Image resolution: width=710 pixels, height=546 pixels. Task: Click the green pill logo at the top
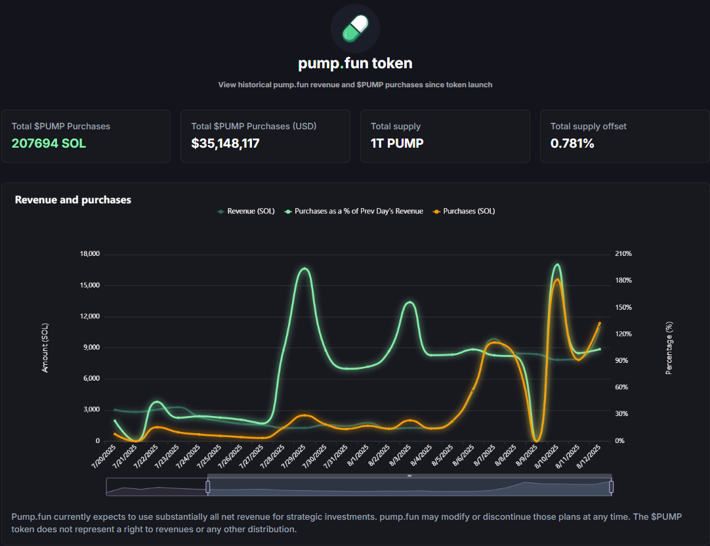coord(355,28)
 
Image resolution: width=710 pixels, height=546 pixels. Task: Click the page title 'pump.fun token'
coord(355,64)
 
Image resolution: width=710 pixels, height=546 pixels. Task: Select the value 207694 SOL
coord(49,143)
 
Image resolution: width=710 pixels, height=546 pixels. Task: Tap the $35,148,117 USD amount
coord(225,143)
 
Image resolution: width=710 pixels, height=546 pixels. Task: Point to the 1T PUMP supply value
coord(397,143)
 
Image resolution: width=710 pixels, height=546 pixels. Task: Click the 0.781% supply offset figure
coord(572,143)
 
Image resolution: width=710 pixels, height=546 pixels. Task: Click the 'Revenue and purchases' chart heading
coord(73,199)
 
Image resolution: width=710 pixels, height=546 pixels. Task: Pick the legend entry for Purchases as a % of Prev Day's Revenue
coord(358,211)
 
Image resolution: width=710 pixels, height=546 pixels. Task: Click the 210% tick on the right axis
coord(623,254)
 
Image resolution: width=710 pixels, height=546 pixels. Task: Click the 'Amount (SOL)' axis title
coord(45,347)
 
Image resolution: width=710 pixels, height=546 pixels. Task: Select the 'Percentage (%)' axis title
coord(669,347)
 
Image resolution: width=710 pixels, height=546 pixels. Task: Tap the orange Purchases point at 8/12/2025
coord(599,323)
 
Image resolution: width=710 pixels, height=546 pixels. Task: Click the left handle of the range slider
coord(208,486)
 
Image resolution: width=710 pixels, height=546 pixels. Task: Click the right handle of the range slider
coord(611,486)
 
